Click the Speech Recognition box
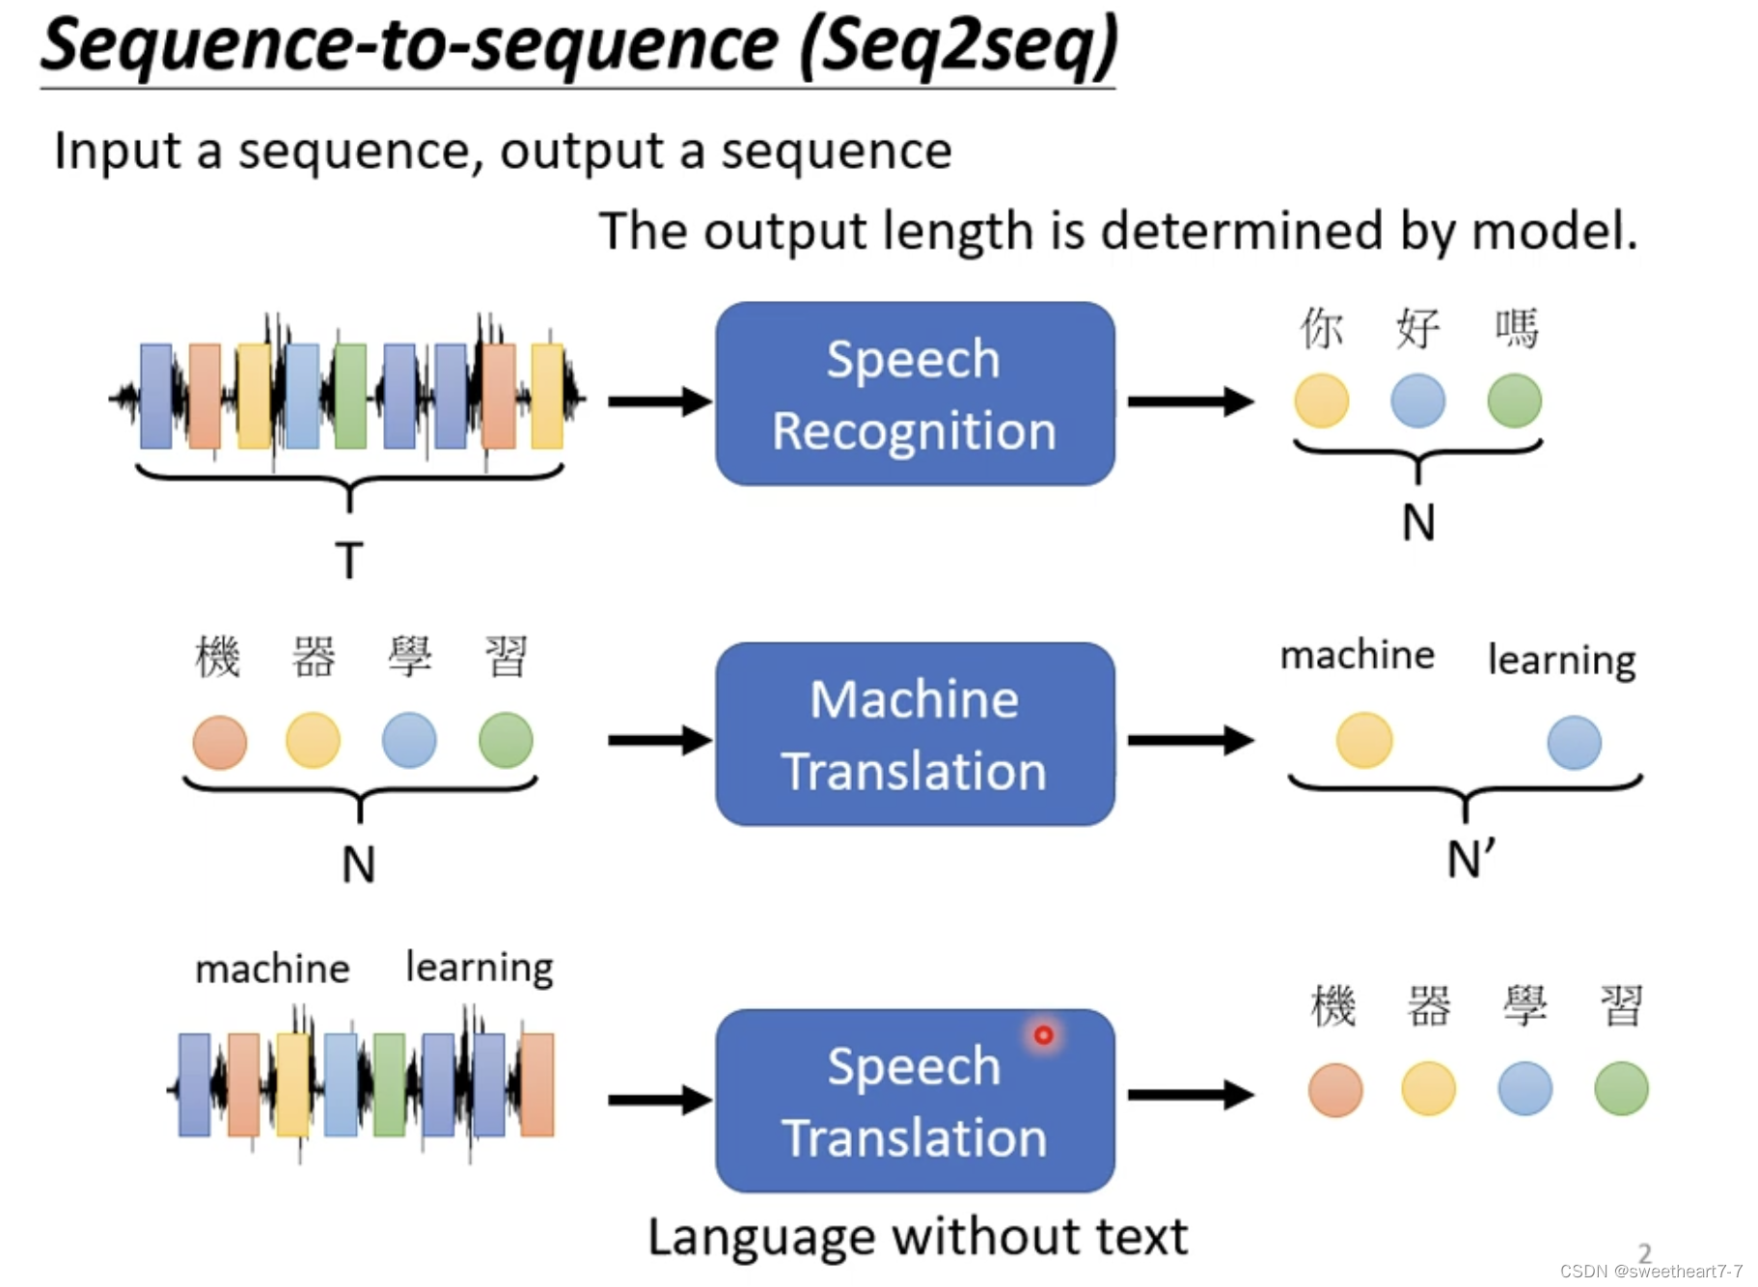[914, 394]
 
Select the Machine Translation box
[914, 734]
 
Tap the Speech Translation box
[914, 1101]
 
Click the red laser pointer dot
[1043, 1035]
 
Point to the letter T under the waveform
[349, 560]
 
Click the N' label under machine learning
[1470, 859]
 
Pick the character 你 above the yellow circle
[1321, 328]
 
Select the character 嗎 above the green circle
[1516, 328]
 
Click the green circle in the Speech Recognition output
[1514, 401]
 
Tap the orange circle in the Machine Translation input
[220, 742]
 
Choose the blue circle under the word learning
[1574, 742]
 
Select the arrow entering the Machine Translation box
[659, 740]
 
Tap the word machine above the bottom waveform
[272, 969]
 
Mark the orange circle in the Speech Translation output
[1335, 1090]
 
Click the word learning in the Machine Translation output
[1561, 661]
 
